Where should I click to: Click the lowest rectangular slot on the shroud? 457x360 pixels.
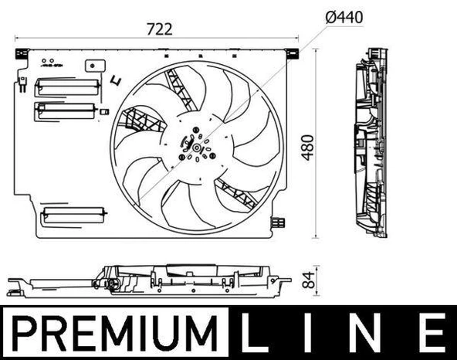[73, 213]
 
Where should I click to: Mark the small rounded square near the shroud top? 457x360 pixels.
[96, 66]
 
